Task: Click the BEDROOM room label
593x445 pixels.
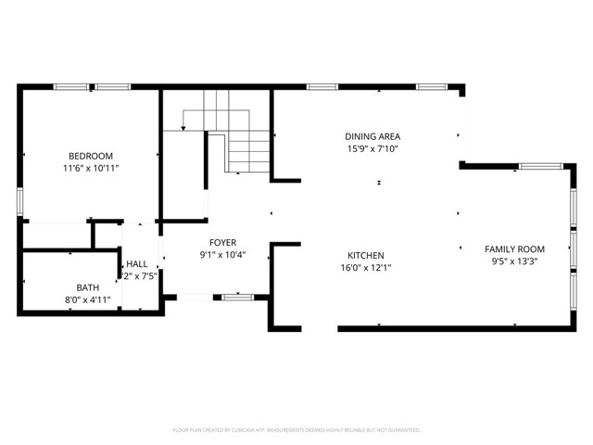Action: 90,155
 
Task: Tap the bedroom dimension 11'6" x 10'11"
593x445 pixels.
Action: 90,169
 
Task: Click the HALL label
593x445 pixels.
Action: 136,263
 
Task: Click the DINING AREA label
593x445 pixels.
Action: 372,136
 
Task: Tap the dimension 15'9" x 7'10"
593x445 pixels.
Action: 372,149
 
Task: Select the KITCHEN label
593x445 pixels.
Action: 365,255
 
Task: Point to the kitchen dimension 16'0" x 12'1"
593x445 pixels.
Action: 365,268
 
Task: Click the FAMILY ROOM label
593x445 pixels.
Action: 514,248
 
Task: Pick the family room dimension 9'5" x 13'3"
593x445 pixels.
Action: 514,261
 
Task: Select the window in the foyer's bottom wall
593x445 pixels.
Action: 237,297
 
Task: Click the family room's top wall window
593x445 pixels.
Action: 535,166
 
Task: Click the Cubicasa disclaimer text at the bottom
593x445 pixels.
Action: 296,430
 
